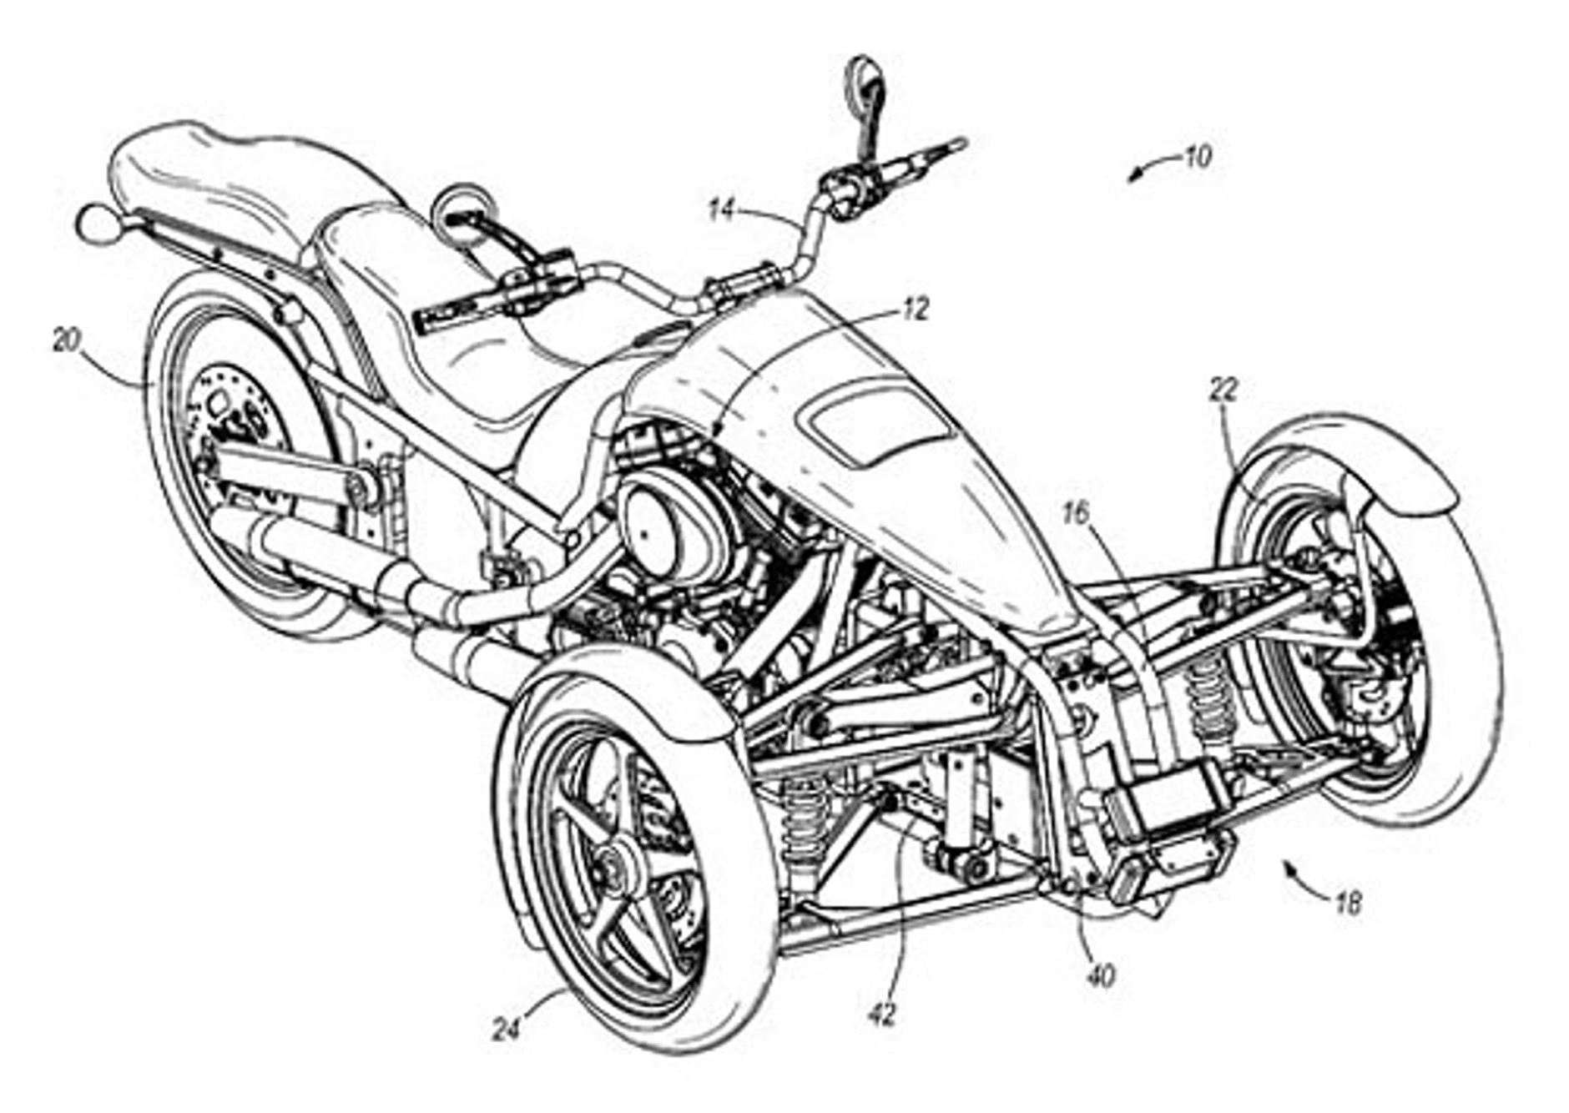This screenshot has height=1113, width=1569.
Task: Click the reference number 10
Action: (x=1198, y=157)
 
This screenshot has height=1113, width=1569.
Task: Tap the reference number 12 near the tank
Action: (x=915, y=310)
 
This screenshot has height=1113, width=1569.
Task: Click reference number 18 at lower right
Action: (x=1348, y=902)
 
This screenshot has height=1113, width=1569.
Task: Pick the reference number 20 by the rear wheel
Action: (x=67, y=340)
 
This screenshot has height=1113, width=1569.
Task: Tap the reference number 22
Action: (x=1223, y=390)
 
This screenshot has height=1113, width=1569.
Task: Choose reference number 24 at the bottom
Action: (x=506, y=1030)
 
